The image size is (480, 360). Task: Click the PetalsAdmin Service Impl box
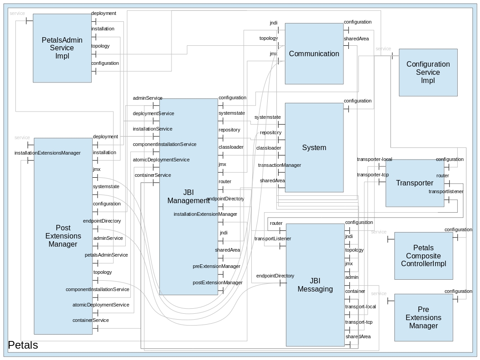pyautogui.click(x=62, y=48)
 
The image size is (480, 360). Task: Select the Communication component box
pyautogui.click(x=314, y=54)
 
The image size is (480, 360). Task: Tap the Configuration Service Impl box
pyautogui.click(x=428, y=73)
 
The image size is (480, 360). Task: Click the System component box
pyautogui.click(x=314, y=147)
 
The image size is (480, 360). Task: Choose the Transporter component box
pyautogui.click(x=414, y=183)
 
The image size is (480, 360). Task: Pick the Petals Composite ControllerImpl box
pyautogui.click(x=423, y=256)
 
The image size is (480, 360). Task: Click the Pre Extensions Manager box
pyautogui.click(x=423, y=317)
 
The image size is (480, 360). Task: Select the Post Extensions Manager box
pyautogui.click(x=63, y=236)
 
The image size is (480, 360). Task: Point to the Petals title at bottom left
pyautogui.click(x=23, y=345)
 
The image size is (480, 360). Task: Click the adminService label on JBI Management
pyautogui.click(x=147, y=98)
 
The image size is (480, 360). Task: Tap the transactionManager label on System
pyautogui.click(x=279, y=165)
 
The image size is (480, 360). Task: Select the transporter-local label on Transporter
pyautogui.click(x=374, y=159)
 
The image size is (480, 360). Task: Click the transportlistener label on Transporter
pyautogui.click(x=446, y=191)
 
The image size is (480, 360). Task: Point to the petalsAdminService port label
pyautogui.click(x=106, y=255)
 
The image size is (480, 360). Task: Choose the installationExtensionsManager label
pyautogui.click(x=48, y=153)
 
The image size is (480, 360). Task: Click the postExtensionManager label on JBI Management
pyautogui.click(x=217, y=282)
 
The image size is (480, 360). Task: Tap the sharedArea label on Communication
pyautogui.click(x=356, y=39)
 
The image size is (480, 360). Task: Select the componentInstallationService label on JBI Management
pyautogui.click(x=165, y=144)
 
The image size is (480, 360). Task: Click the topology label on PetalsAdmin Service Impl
pyautogui.click(x=100, y=46)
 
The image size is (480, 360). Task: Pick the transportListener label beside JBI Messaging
pyautogui.click(x=273, y=238)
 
